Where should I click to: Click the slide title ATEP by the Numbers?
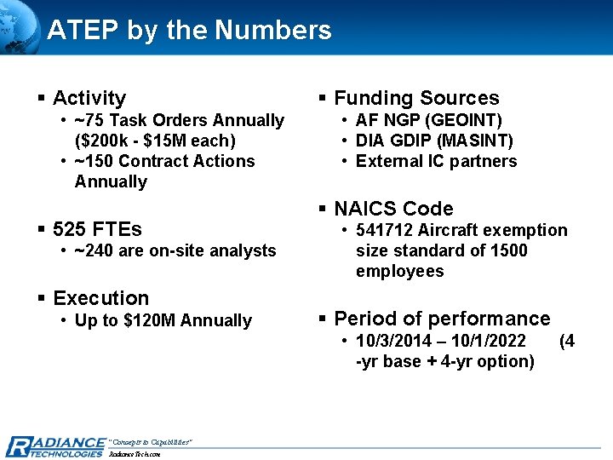click(189, 31)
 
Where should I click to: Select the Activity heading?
click(89, 98)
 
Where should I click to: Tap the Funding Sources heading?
click(416, 98)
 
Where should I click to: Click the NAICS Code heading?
click(393, 209)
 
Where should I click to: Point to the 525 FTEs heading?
click(97, 229)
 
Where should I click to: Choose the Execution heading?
click(100, 298)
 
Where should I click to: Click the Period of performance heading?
click(442, 319)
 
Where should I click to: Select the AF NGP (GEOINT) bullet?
click(428, 120)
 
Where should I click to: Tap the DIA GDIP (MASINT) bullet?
click(434, 141)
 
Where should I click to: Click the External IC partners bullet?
click(436, 161)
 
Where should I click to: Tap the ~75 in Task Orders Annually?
click(89, 120)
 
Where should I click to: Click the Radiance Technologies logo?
click(54, 446)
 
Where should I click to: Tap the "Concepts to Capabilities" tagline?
click(151, 441)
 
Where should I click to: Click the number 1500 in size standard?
click(508, 250)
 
